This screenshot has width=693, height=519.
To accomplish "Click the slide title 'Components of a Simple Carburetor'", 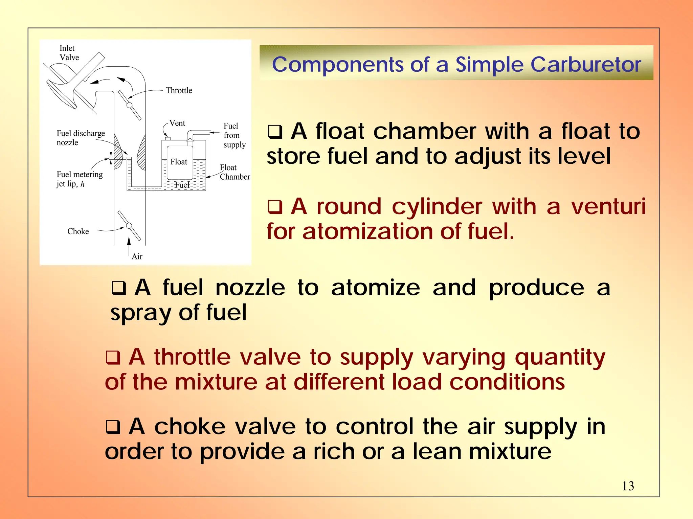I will point(456,64).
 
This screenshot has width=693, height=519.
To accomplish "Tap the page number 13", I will point(628,486).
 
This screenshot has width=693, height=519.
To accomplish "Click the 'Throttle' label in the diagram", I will point(179,90).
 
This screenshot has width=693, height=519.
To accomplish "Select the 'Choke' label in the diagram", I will point(78,231).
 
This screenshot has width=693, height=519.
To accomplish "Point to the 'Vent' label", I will point(177,123).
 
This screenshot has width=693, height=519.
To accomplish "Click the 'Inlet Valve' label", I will point(69,53).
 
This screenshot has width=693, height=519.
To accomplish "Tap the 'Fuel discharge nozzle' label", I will point(81,138).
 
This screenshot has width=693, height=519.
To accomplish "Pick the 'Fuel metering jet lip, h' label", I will point(80,179).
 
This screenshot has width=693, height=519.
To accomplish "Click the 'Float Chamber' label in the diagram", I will point(234,172).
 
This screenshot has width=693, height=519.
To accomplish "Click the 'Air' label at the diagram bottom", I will point(137,256).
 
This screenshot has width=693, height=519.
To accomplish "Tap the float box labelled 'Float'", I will point(180,163).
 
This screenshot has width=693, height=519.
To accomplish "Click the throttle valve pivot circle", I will point(129,105).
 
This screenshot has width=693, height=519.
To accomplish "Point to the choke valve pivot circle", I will point(129,226).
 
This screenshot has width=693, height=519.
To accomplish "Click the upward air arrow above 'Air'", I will point(129,245).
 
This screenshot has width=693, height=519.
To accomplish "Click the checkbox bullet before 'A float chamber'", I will point(275,132).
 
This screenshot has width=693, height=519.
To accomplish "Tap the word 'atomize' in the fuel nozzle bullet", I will point(376,288).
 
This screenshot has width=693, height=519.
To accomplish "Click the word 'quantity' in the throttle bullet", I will point(560,358).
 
